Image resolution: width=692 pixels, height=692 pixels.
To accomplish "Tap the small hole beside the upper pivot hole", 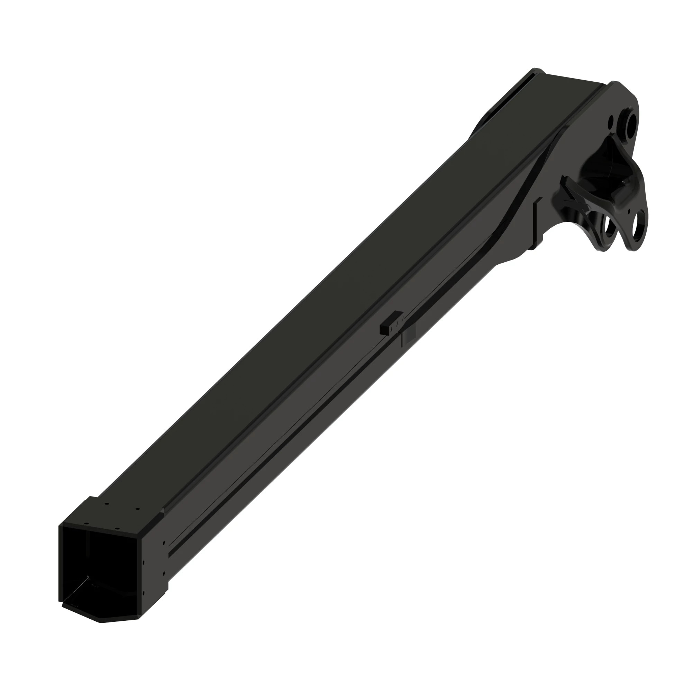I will click(611, 121).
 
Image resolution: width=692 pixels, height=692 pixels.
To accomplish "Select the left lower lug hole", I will click(608, 226).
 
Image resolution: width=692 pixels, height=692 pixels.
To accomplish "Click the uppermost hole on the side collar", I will click(164, 543).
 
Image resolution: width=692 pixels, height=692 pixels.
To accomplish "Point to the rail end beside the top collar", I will click(163, 510).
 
